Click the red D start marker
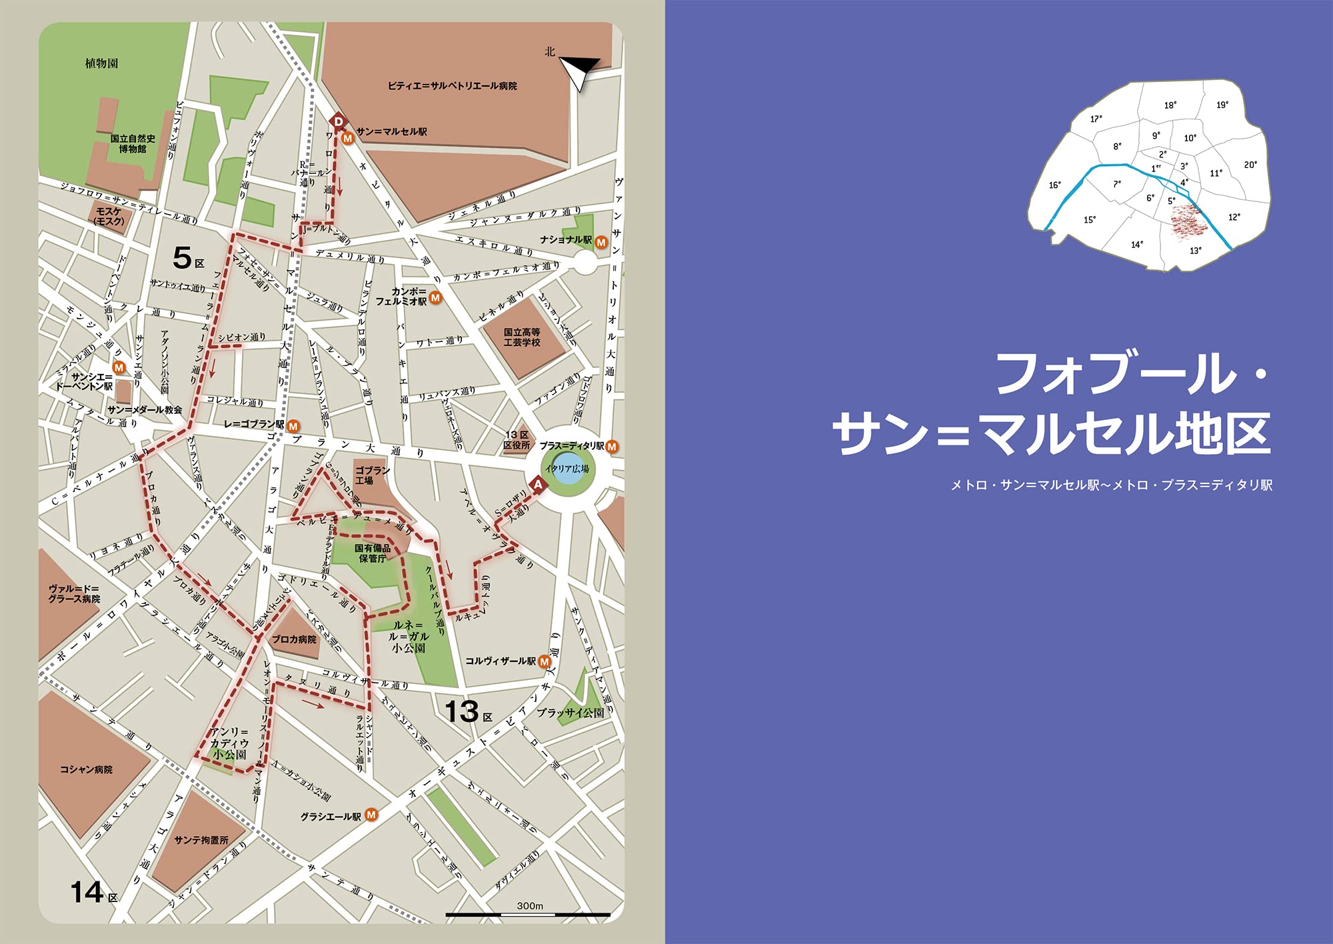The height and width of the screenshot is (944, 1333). [x=338, y=121]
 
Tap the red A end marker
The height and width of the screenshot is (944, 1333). [x=538, y=485]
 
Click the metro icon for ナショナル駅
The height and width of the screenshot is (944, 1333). [x=601, y=242]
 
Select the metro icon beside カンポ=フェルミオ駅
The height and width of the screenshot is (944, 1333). [x=435, y=297]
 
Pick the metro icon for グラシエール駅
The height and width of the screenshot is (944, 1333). [x=371, y=815]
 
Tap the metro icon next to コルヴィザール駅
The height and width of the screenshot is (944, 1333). [x=545, y=661]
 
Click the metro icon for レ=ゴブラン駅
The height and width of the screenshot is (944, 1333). [x=293, y=425]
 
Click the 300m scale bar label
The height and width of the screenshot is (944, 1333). [x=530, y=905]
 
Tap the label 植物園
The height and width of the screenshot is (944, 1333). [x=101, y=63]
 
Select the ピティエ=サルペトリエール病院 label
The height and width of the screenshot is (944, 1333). [x=452, y=86]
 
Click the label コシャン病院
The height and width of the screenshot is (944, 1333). [x=86, y=769]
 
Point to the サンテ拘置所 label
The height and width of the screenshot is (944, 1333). [x=201, y=840]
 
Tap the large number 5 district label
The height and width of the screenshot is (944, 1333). [x=182, y=257]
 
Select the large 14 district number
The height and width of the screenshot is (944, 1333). [x=87, y=892]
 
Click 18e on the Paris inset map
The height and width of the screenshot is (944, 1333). [x=1170, y=105]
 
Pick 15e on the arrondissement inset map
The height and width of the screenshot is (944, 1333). [x=1090, y=219]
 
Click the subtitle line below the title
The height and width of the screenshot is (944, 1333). [x=1111, y=485]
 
